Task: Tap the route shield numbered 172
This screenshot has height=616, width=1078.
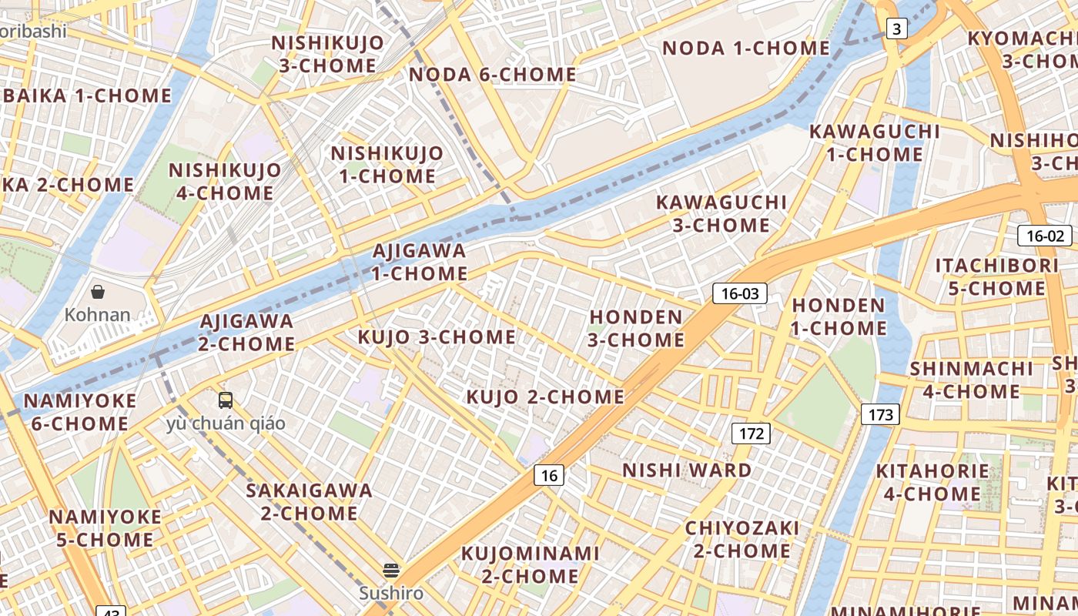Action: tap(751, 434)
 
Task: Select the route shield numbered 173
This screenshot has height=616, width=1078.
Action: tap(880, 415)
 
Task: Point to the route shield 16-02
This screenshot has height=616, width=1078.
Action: tap(1044, 236)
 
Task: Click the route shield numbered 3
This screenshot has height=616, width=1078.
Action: tap(896, 29)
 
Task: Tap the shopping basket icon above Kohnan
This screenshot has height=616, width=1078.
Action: tap(98, 292)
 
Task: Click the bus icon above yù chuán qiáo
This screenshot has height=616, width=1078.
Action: tap(226, 400)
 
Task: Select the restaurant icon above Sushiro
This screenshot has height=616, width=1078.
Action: tap(391, 571)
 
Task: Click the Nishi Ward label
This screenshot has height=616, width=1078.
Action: tap(687, 470)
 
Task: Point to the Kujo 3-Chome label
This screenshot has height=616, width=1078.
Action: tap(437, 336)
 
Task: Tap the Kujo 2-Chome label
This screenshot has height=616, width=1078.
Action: tap(545, 397)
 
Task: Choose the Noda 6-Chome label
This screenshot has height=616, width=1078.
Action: tap(493, 75)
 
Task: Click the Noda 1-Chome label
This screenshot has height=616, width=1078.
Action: tap(746, 48)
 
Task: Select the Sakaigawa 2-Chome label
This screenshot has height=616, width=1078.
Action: tap(309, 501)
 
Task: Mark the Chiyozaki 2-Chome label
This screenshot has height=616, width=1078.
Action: tap(742, 539)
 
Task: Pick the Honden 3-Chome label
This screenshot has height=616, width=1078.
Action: tap(637, 328)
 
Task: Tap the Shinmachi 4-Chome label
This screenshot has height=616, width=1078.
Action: tap(971, 380)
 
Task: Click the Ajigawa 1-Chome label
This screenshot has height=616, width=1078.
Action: tap(420, 262)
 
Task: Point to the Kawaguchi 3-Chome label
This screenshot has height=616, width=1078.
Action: tap(721, 213)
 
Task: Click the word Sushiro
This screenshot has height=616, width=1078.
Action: tap(391, 594)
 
